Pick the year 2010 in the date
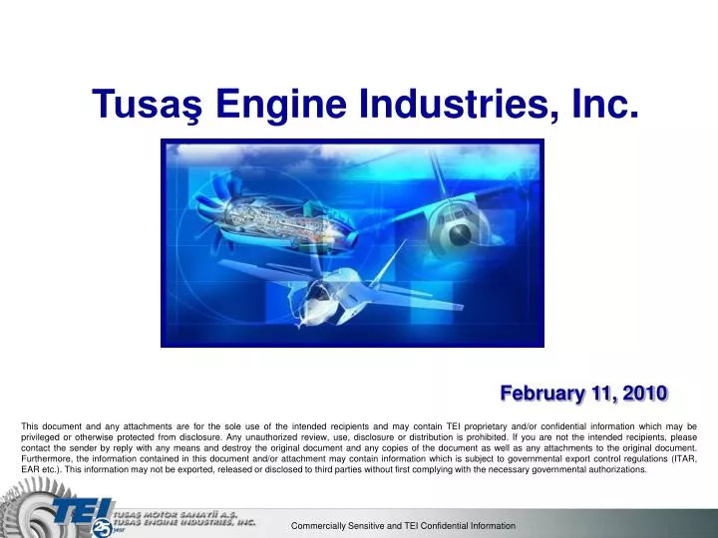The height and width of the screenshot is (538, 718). click(643, 393)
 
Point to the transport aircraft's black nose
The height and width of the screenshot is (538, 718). click(458, 235)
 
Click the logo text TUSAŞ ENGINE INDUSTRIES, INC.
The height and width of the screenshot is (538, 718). click(183, 520)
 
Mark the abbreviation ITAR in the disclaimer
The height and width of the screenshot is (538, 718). click(682, 458)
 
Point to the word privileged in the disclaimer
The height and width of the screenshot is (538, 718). click(43, 436)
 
